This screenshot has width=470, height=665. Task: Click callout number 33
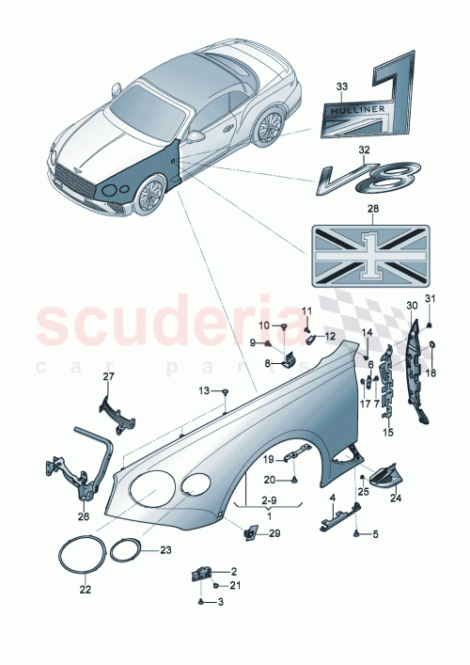tap(340, 87)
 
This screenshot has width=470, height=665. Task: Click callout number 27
tap(107, 376)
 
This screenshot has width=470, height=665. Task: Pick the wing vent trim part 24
tap(384, 479)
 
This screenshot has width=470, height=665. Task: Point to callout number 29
tap(274, 534)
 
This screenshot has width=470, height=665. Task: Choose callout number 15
tap(386, 433)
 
